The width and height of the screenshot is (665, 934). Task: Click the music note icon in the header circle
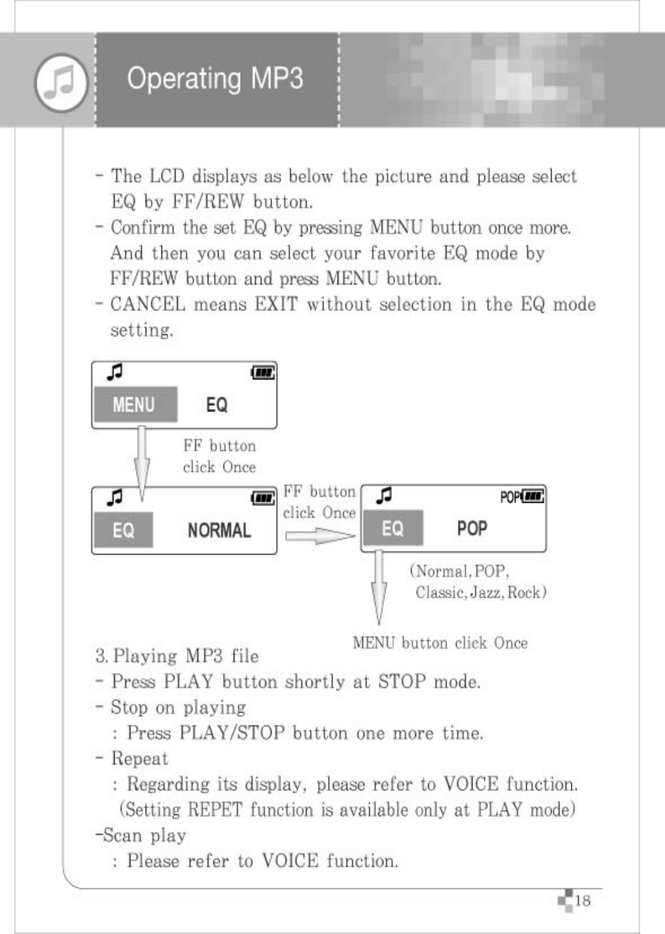click(x=61, y=82)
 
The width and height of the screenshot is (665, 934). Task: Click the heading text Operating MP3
click(x=215, y=79)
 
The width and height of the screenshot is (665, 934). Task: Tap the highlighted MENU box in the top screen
click(x=135, y=405)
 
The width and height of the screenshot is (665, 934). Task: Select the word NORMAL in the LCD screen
click(x=219, y=530)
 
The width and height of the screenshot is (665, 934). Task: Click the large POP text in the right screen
click(x=472, y=528)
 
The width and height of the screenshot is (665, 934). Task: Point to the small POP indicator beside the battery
click(x=509, y=497)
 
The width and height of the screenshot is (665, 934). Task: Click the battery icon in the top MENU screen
click(x=263, y=373)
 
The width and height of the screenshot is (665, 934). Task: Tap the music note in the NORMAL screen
click(x=115, y=497)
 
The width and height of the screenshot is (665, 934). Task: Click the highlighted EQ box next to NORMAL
click(x=123, y=530)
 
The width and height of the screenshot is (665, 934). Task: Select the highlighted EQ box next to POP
click(x=392, y=528)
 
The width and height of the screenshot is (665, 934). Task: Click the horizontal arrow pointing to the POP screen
click(x=319, y=536)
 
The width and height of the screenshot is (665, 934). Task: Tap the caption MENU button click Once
click(x=440, y=643)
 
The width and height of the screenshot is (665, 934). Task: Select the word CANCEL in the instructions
click(x=148, y=305)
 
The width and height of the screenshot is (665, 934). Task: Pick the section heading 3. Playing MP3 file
click(x=177, y=656)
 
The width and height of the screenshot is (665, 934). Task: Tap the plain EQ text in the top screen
click(x=217, y=405)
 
